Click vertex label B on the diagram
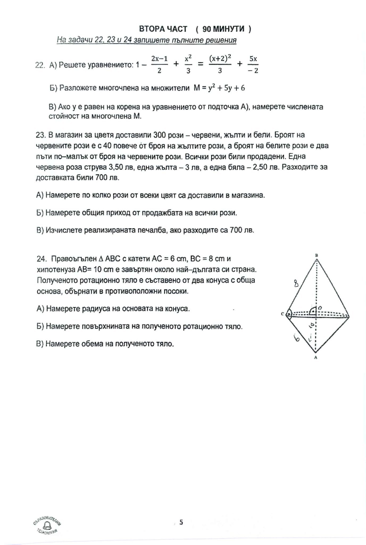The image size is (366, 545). (317, 255)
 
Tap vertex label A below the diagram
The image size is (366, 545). (316, 358)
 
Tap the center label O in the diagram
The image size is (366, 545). (320, 308)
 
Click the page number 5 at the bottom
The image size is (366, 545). (181, 522)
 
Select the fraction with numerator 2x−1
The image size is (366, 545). (159, 65)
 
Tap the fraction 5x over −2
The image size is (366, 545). (253, 65)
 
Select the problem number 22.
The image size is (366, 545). (40, 65)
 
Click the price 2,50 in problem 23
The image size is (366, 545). (260, 167)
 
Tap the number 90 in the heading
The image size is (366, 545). (206, 29)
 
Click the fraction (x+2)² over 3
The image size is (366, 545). (220, 65)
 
